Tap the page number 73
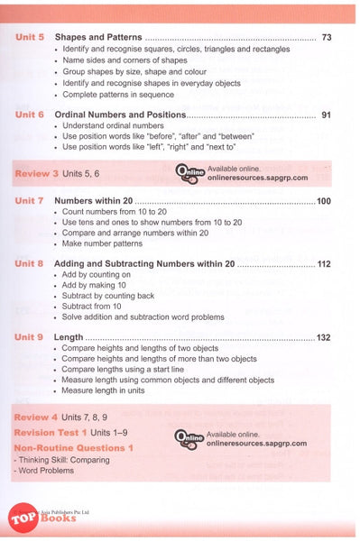pyautogui.click(x=327, y=37)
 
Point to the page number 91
pyautogui.click(x=327, y=115)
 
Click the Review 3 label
pyautogui.click(x=37, y=171)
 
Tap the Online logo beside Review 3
pyautogui.click(x=190, y=172)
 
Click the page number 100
pyautogui.click(x=324, y=201)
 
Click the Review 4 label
pyautogui.click(x=37, y=419)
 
